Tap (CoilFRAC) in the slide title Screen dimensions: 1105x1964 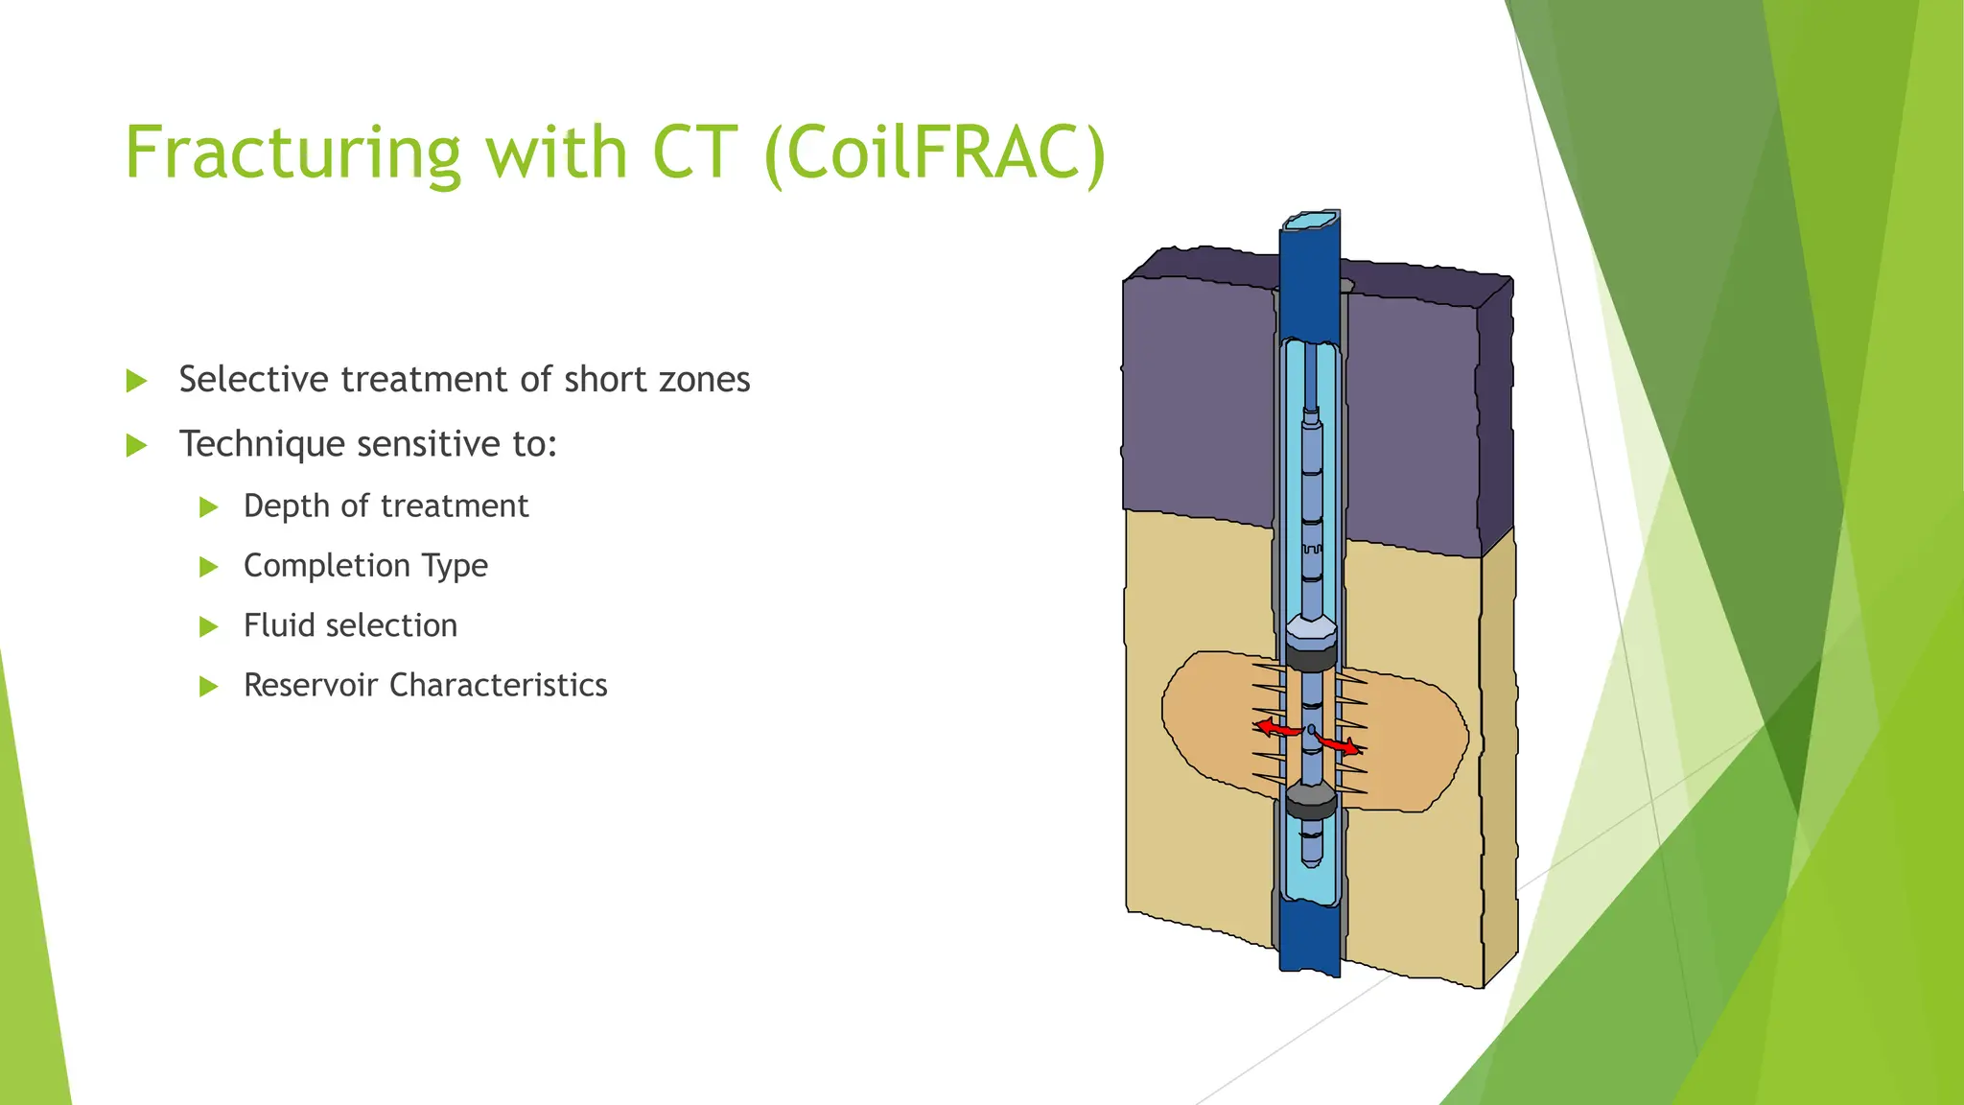(936, 153)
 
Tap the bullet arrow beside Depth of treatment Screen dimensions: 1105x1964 (208, 507)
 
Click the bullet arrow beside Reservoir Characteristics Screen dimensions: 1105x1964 (208, 687)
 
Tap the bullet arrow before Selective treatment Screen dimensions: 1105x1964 (136, 382)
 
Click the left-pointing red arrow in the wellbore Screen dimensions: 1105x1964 (1275, 728)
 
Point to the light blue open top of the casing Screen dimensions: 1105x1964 (1310, 221)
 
